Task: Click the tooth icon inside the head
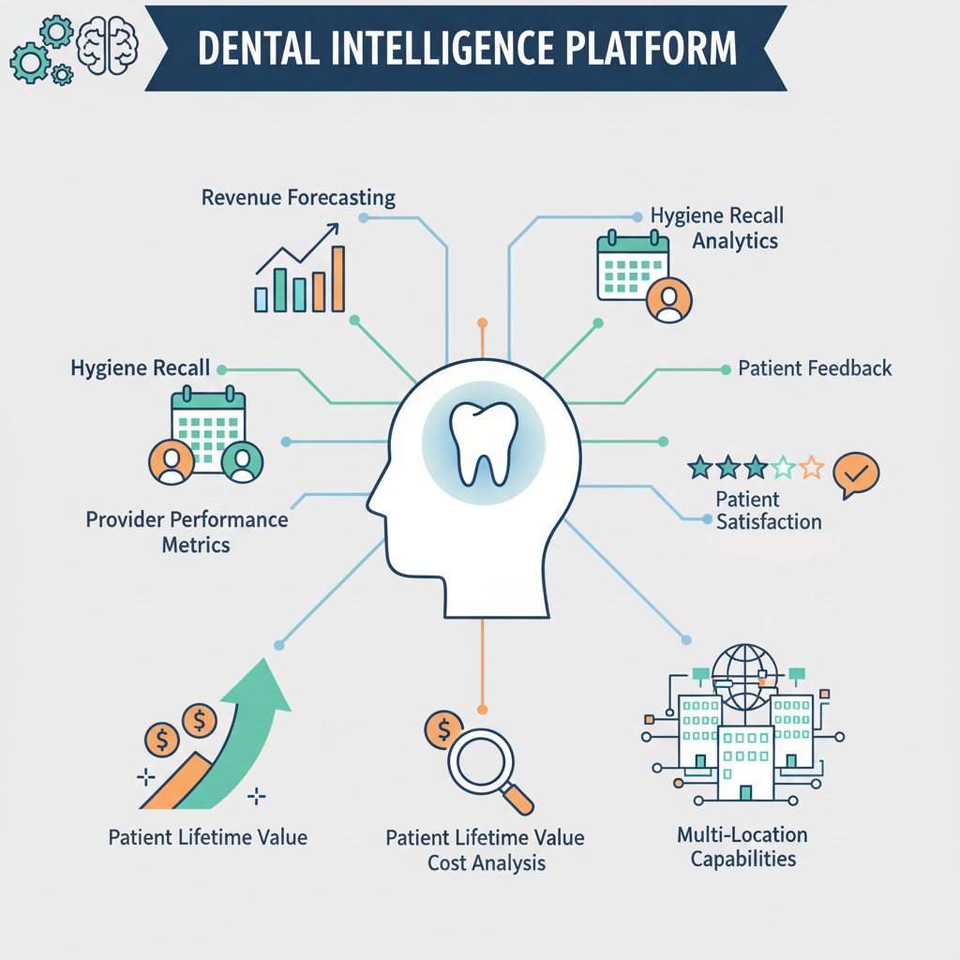coord(482,442)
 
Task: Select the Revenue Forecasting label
coord(298,198)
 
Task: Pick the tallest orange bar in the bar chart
coord(338,278)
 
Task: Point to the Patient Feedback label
coord(815,368)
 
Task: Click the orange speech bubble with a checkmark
coord(855,474)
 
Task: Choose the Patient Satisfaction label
coord(768,511)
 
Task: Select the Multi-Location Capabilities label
coord(742,847)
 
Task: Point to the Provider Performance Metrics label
coord(187,532)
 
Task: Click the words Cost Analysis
coord(486,862)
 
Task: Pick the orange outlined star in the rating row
coord(812,467)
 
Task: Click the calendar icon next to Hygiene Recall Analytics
coord(632,265)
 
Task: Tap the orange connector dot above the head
coord(482,322)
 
